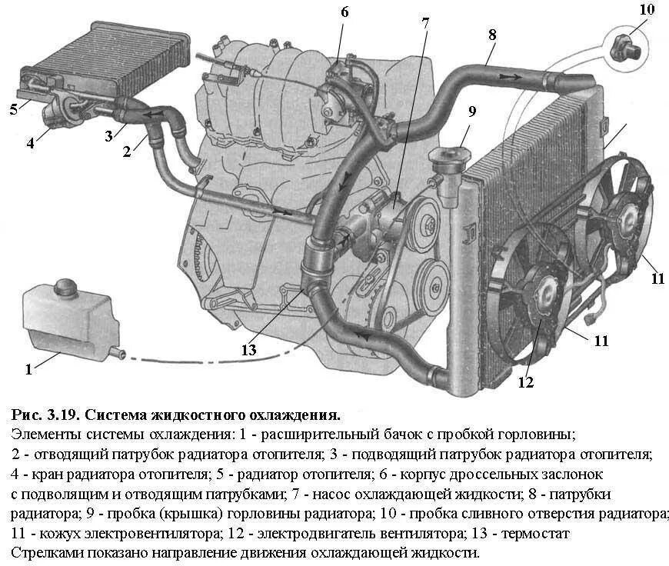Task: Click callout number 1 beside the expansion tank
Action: (28, 369)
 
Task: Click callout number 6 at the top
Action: (344, 12)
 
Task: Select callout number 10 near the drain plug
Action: (647, 10)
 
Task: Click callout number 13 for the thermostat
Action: (248, 350)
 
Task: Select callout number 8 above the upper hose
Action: (491, 35)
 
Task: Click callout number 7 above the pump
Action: (424, 22)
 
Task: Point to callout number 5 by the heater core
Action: (13, 109)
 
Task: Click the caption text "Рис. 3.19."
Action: (46, 416)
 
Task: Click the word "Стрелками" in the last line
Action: (48, 552)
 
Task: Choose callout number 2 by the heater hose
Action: (128, 151)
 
